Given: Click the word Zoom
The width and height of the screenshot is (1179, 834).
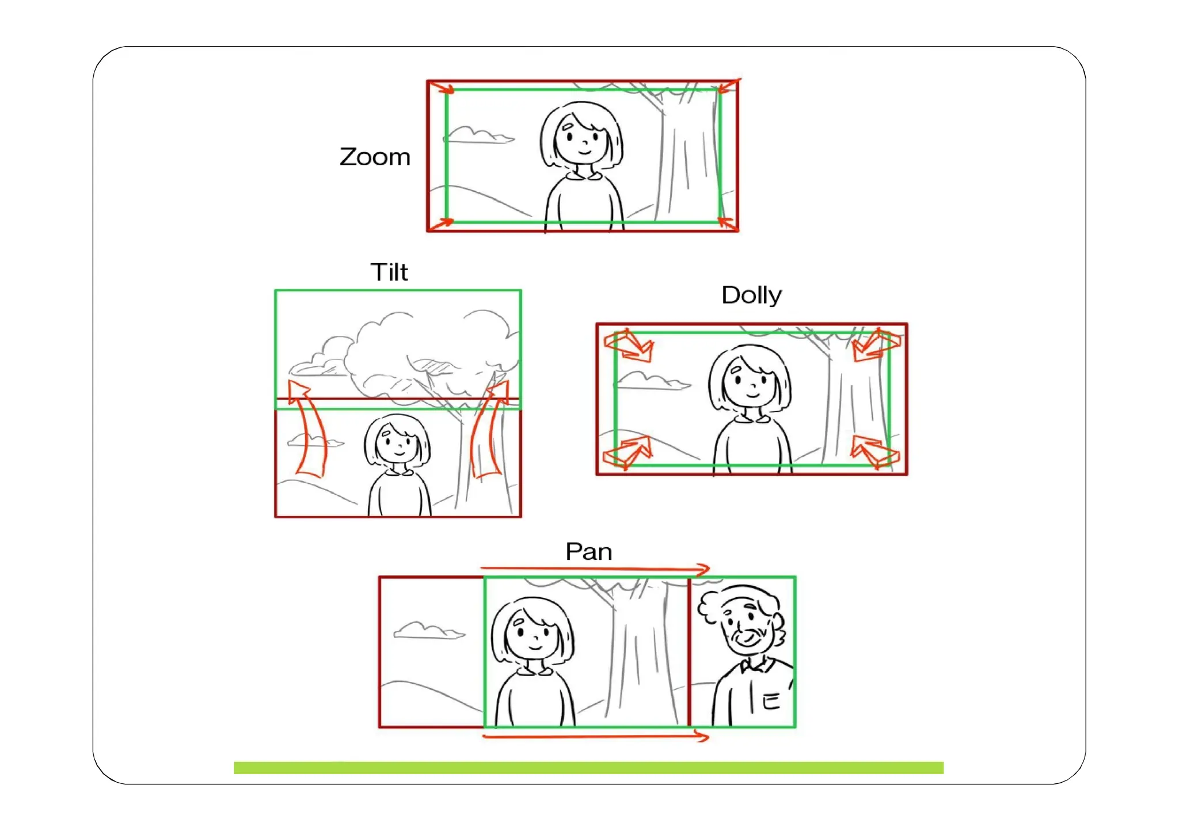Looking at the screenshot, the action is pyautogui.click(x=375, y=157).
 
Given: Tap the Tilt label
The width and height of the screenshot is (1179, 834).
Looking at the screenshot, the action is pyautogui.click(x=389, y=272).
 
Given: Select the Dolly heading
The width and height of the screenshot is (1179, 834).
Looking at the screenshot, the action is pyautogui.click(x=751, y=296).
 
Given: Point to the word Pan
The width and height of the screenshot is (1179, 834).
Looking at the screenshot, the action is pyautogui.click(x=588, y=552).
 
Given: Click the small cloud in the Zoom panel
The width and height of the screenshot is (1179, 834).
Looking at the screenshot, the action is pyautogui.click(x=479, y=136).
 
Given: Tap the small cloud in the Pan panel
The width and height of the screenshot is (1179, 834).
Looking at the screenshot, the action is pyautogui.click(x=429, y=631).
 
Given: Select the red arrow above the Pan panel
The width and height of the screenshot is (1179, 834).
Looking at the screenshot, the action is pyautogui.click(x=595, y=569).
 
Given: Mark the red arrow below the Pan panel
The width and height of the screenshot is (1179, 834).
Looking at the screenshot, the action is pyautogui.click(x=595, y=736).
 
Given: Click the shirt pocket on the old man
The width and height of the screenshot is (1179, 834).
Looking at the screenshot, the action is pyautogui.click(x=770, y=700).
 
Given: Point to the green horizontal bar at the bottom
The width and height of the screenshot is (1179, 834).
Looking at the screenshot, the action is pyautogui.click(x=588, y=768).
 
